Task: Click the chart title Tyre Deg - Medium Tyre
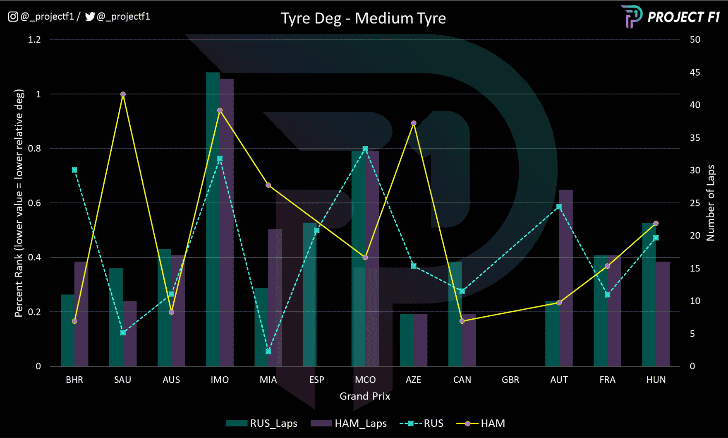click(x=363, y=18)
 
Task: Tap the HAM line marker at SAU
click(x=123, y=94)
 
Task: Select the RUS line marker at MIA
click(x=268, y=351)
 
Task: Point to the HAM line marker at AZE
click(x=414, y=123)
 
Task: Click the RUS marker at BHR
click(x=74, y=170)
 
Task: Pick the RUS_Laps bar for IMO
click(x=213, y=219)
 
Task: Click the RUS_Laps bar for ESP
click(x=310, y=294)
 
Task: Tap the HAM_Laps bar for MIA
click(x=275, y=298)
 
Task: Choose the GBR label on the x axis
click(x=510, y=380)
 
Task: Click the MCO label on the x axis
click(x=365, y=380)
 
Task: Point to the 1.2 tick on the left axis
click(x=34, y=40)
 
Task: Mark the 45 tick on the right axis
click(x=695, y=72)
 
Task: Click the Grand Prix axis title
click(x=365, y=396)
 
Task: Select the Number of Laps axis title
click(x=711, y=203)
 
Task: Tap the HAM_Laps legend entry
click(x=349, y=424)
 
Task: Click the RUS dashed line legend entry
click(x=421, y=424)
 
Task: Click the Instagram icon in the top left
click(x=13, y=17)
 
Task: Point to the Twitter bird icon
click(x=90, y=17)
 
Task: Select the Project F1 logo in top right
click(x=671, y=17)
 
